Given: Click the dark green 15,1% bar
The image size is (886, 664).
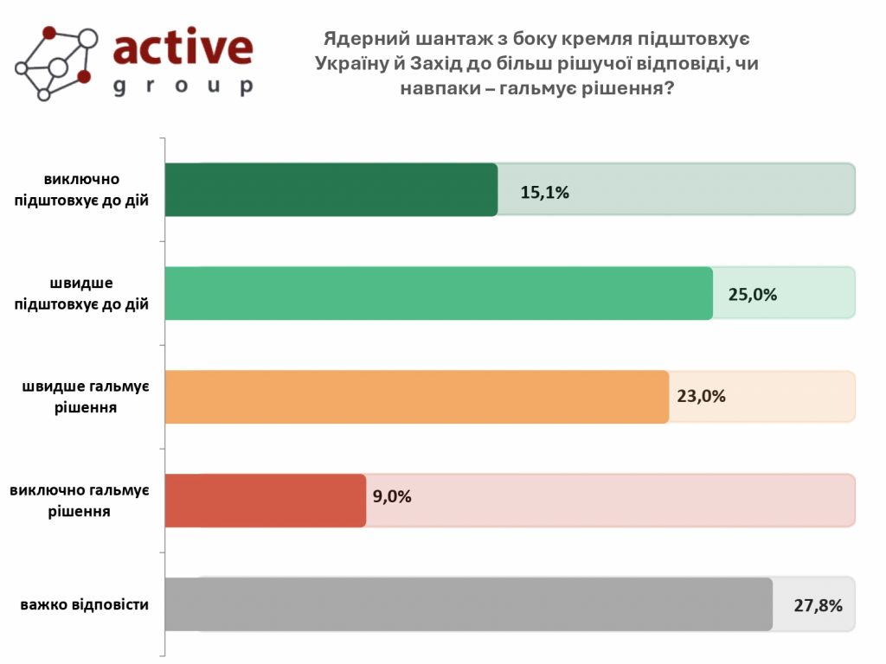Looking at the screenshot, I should click(x=331, y=189).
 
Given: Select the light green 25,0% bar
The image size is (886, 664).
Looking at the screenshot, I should click(x=438, y=293).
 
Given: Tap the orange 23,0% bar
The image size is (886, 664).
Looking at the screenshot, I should click(x=416, y=397).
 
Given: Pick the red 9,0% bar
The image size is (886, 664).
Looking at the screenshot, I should click(x=265, y=501).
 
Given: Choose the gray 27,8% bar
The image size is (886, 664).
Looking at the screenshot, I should click(x=467, y=604).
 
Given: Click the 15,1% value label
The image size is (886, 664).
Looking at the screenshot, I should click(x=544, y=192).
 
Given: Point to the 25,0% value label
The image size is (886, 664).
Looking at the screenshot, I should click(x=752, y=294).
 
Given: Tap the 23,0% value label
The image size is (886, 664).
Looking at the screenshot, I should click(x=701, y=397).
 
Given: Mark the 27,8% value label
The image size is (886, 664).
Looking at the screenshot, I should click(x=818, y=605).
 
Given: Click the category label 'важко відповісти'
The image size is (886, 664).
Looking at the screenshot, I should click(x=85, y=604).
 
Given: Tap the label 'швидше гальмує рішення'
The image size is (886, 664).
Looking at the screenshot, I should click(x=85, y=396).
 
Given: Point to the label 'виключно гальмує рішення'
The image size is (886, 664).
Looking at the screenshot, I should click(x=80, y=501).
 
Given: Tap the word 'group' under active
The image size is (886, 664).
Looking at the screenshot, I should click(x=183, y=86).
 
